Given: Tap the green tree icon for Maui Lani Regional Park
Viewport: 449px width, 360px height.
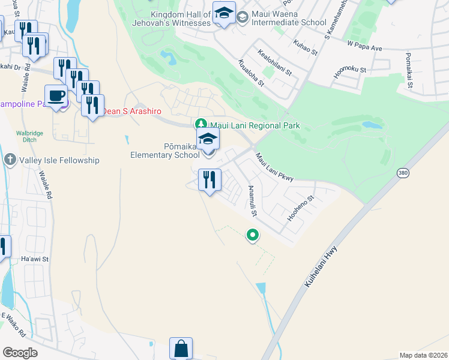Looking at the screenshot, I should click(202, 125).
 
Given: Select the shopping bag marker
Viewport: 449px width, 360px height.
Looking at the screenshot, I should click(181, 349).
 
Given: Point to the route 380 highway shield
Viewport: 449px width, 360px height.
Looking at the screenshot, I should click(402, 173).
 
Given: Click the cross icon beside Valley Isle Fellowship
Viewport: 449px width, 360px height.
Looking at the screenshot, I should click(10, 160).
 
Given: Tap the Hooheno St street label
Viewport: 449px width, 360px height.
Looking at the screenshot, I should click(301, 207).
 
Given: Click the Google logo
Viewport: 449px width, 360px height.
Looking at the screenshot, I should click(20, 352).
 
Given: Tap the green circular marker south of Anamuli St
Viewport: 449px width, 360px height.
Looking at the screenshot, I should click(253, 236).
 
